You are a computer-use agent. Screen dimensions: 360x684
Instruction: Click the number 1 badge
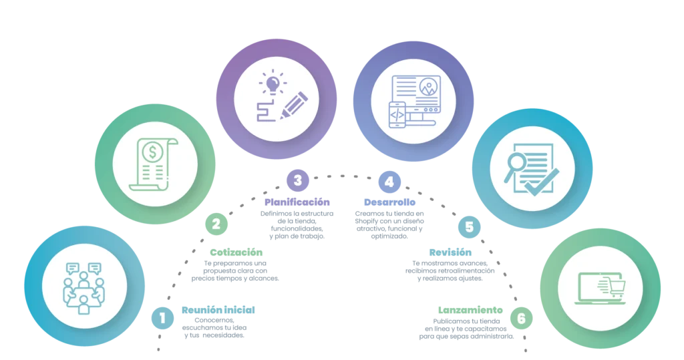(162, 318)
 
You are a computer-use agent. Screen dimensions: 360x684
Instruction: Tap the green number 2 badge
(216, 224)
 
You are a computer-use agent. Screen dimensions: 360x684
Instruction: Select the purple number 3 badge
(297, 180)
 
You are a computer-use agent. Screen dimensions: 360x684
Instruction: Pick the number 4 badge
(389, 181)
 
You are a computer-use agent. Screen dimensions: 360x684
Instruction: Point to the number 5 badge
(468, 227)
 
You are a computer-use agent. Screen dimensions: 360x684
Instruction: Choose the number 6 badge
(521, 319)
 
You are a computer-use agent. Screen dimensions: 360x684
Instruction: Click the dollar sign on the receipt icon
(154, 153)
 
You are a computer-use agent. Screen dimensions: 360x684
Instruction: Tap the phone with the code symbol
(396, 114)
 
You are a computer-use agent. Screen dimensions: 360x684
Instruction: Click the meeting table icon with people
(83, 288)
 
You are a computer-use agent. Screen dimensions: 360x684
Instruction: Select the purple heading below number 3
(297, 202)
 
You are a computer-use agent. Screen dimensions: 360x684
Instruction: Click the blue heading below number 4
(389, 202)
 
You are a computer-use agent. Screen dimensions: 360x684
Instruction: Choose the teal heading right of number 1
(218, 310)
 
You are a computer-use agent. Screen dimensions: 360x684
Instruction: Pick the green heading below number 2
(237, 252)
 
